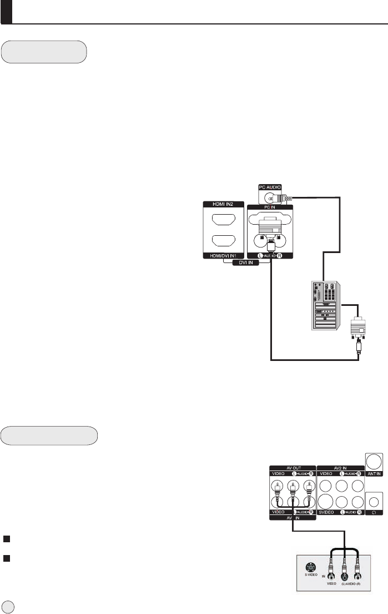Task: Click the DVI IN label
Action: (x=245, y=263)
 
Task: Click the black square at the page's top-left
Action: (x=7, y=12)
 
